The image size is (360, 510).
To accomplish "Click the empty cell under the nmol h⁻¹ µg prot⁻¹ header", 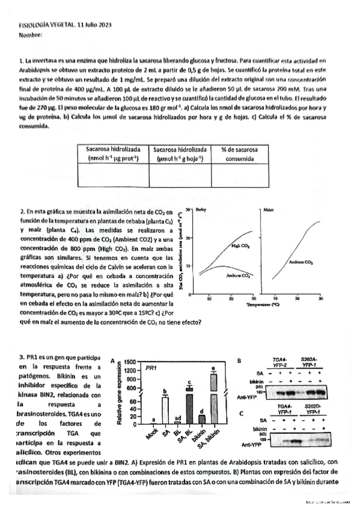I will [x=113, y=175].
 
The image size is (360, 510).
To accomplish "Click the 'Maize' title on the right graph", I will [x=269, y=209].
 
